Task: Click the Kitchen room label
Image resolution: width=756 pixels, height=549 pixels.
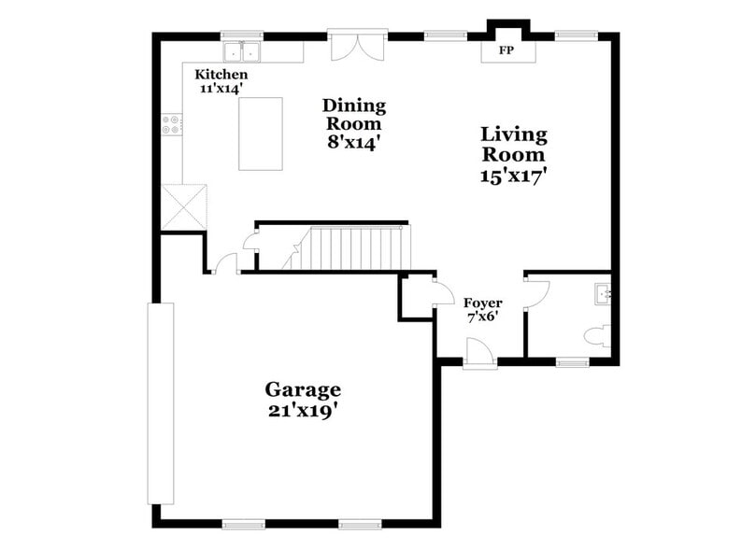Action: pos(221,74)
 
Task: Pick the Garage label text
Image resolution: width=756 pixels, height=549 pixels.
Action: pos(302,389)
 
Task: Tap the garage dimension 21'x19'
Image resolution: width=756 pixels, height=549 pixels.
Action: pos(302,410)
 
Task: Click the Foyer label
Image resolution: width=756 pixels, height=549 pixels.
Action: pos(483,303)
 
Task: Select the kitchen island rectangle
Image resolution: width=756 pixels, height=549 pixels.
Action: pos(261,134)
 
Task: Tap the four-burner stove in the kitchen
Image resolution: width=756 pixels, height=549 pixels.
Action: pos(171,124)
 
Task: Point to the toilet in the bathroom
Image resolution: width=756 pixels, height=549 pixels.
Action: pos(595,335)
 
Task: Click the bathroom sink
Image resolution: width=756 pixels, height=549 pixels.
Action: pos(602,294)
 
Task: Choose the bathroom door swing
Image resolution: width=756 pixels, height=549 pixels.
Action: pos(537,292)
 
